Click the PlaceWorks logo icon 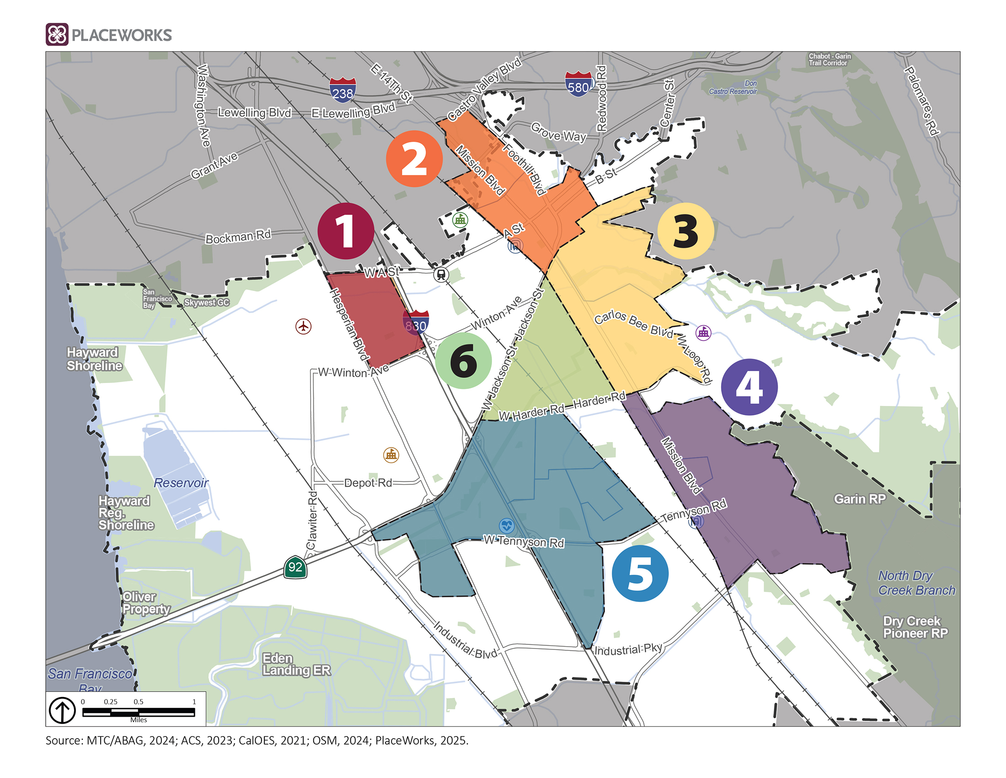(x=57, y=35)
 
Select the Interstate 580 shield (x=578, y=84)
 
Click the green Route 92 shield (x=295, y=567)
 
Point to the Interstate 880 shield (x=416, y=323)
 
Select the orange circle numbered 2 (x=414, y=158)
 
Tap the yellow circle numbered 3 (x=685, y=231)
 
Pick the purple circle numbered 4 (x=749, y=387)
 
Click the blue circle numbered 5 (x=640, y=573)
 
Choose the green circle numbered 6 (x=463, y=361)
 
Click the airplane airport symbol (x=303, y=326)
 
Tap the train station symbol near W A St (x=441, y=275)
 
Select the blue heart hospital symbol (x=507, y=525)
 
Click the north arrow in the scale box (x=63, y=710)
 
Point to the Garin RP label (x=860, y=499)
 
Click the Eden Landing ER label (x=296, y=664)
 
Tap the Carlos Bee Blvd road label (x=633, y=324)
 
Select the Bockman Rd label (x=238, y=237)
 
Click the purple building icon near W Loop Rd (x=703, y=332)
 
